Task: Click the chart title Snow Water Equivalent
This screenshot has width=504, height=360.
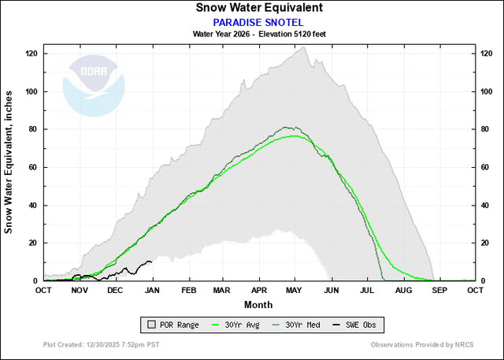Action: point(259,8)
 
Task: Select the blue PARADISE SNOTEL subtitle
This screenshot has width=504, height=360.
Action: point(258,23)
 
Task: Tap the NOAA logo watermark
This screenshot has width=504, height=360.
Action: point(94,86)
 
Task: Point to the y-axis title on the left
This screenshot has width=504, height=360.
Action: point(8,162)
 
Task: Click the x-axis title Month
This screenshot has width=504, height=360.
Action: point(258,304)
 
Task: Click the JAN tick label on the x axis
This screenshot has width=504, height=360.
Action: point(152,290)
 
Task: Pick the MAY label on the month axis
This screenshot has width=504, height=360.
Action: point(294,290)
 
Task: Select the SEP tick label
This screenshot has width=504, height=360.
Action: point(439,290)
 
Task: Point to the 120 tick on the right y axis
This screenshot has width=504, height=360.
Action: point(487,54)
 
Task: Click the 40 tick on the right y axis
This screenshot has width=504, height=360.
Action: point(484,205)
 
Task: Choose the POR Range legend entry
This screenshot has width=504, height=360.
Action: point(173,325)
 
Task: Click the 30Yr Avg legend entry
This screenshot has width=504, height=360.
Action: point(235,325)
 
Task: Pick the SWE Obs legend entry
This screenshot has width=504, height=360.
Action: point(354,325)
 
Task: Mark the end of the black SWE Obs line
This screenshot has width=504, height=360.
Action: point(152,262)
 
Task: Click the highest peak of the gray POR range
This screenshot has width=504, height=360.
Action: point(303,47)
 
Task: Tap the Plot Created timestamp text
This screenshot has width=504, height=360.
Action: point(102,344)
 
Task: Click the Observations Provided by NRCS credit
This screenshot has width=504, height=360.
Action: point(422,344)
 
